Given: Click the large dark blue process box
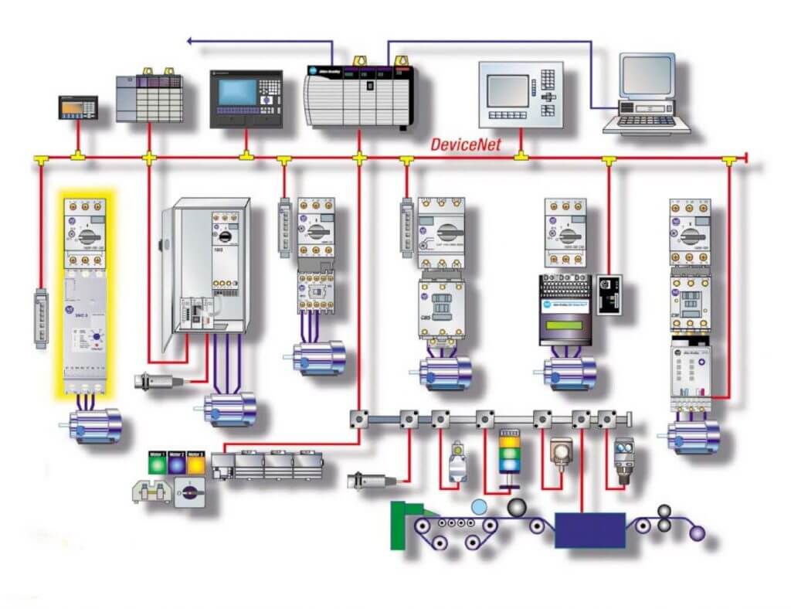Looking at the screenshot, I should (x=590, y=529).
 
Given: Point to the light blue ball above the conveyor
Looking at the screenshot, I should (x=480, y=507).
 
